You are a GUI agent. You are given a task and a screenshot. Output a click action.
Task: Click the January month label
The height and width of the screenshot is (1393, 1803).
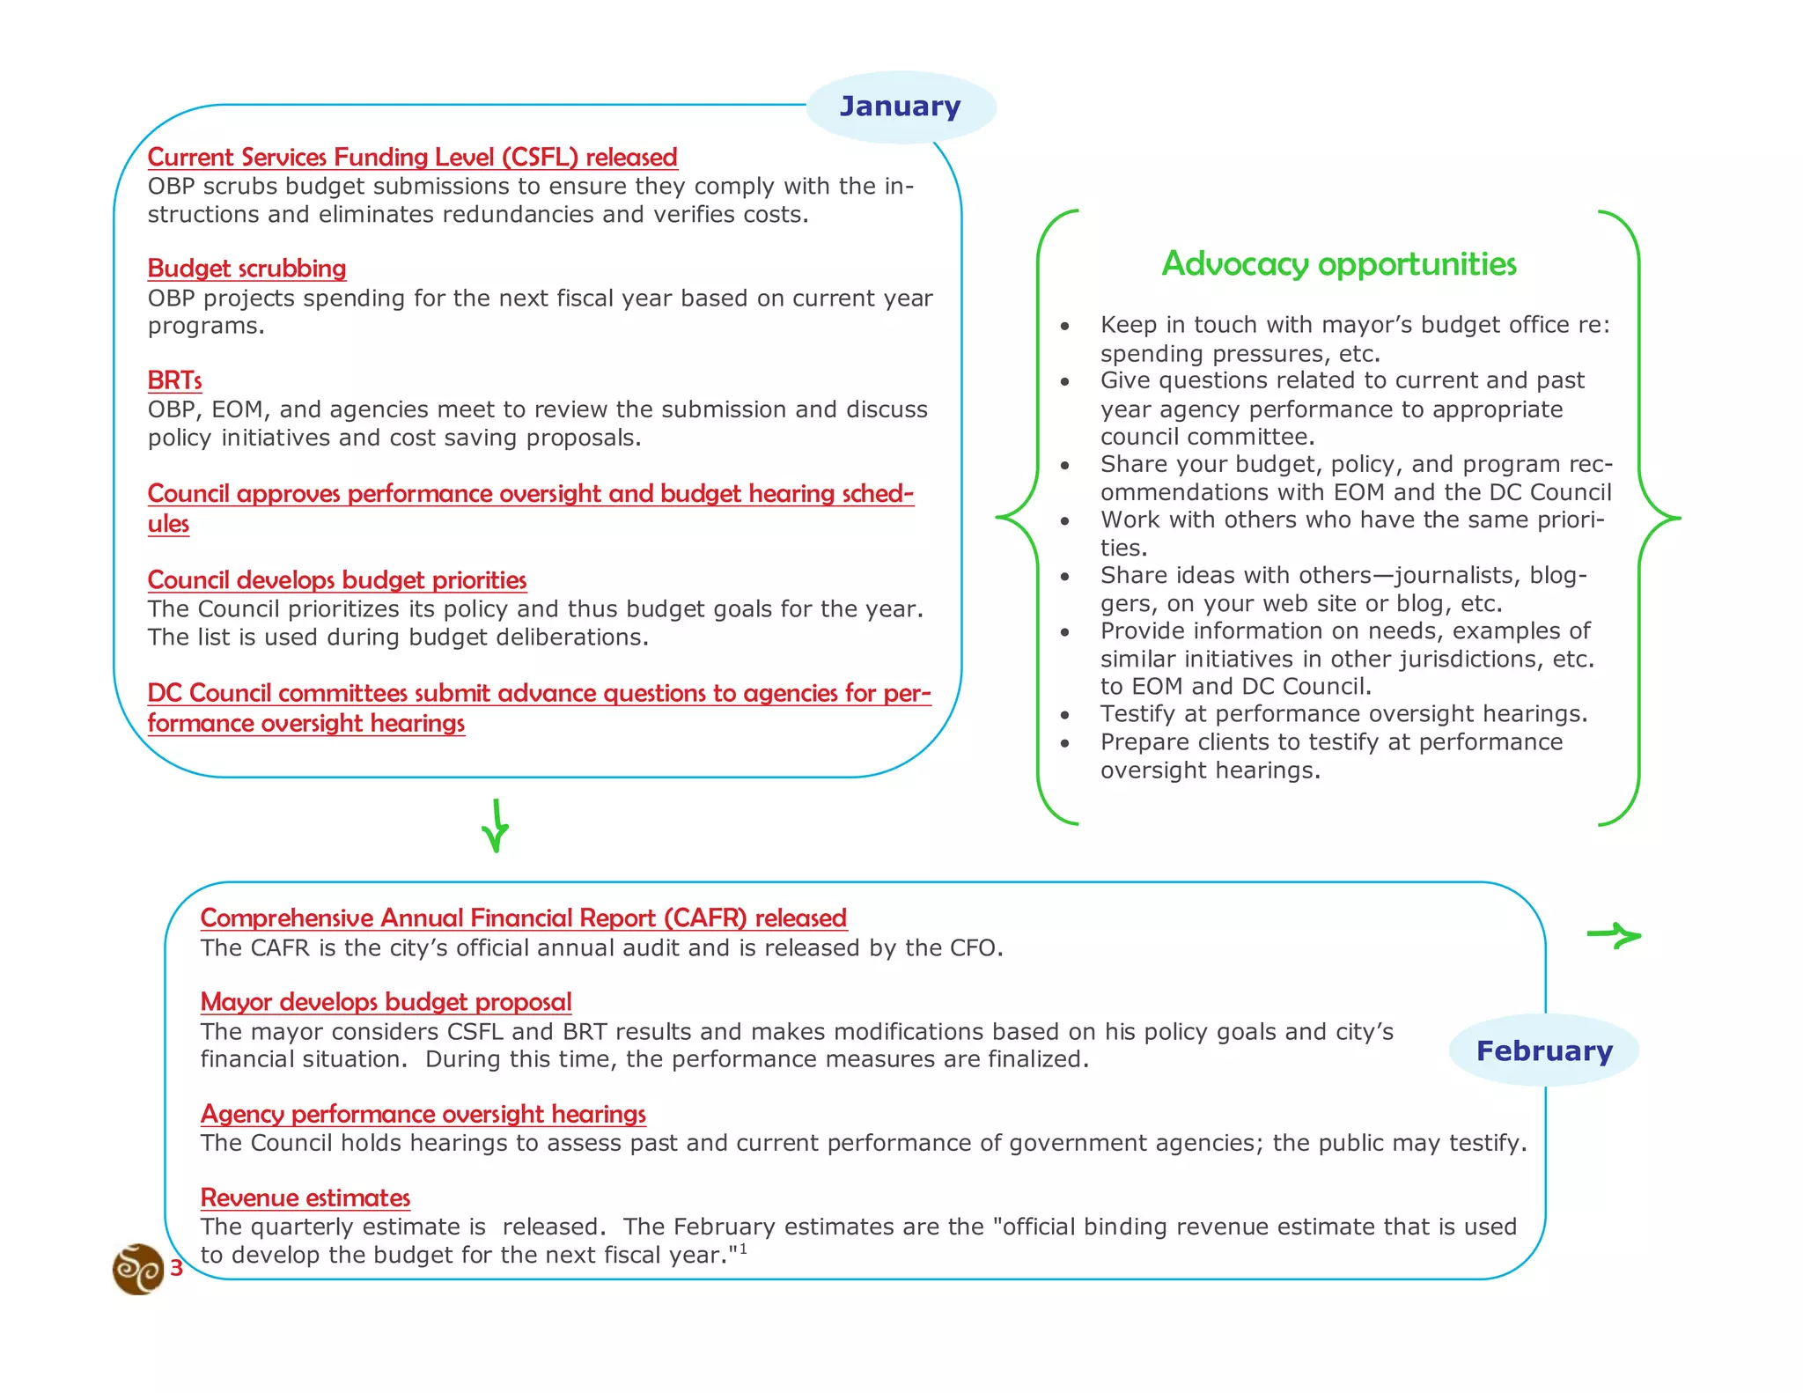(x=900, y=107)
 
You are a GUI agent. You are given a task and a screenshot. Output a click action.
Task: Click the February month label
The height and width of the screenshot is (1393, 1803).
(x=1544, y=1050)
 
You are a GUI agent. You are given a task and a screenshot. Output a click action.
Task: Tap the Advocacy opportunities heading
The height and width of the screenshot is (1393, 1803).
(x=1338, y=264)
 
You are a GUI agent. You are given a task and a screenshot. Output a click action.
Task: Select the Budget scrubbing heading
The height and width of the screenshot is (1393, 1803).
(x=247, y=269)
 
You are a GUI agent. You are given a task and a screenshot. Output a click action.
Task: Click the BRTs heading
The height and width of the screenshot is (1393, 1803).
(x=174, y=380)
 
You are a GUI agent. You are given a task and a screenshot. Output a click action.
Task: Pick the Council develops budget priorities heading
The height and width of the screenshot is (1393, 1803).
(x=336, y=580)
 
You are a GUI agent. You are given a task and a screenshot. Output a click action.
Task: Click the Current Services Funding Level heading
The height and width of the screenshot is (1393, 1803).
(x=412, y=158)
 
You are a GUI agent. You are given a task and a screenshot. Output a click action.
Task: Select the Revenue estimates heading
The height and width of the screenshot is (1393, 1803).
(x=305, y=1198)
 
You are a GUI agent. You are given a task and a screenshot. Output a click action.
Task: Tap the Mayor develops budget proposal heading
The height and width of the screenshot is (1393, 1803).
(x=386, y=1002)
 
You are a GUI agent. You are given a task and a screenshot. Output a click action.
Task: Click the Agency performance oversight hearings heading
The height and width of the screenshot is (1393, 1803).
(x=423, y=1114)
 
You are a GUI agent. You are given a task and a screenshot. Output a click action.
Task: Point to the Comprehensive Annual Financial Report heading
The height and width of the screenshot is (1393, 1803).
(x=523, y=918)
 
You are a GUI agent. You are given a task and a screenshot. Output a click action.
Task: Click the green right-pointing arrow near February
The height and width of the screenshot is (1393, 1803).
(x=1615, y=935)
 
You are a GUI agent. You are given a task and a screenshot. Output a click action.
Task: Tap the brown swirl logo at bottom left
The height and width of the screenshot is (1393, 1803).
(x=138, y=1269)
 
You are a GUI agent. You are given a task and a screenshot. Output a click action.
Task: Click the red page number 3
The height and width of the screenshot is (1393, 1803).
(x=176, y=1268)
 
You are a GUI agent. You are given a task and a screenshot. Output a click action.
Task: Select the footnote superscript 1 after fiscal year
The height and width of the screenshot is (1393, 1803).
(x=743, y=1249)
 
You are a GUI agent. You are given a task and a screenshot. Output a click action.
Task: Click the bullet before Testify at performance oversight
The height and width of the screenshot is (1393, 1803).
(x=1065, y=715)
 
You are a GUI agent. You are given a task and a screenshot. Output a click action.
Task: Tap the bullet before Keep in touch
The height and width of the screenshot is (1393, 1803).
(x=1065, y=326)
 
